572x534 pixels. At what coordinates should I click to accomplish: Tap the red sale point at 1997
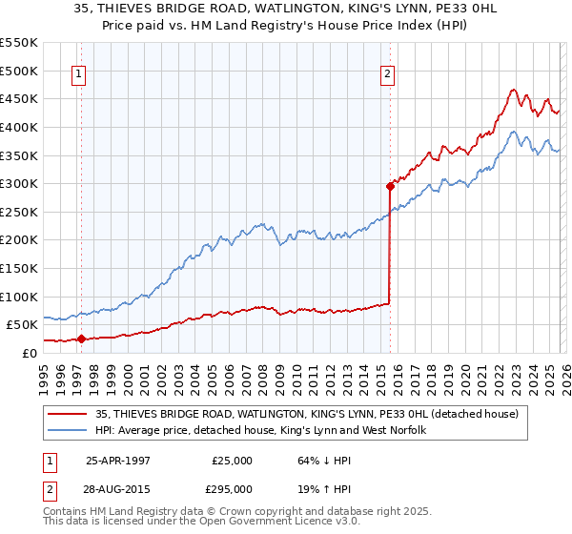82,339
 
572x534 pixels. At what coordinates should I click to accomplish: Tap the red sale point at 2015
390,187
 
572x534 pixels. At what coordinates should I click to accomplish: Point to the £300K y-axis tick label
19,183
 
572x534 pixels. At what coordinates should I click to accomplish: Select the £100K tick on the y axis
19,297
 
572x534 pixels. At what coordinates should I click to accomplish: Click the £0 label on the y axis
29,353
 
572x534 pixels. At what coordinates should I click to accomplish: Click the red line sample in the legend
69,414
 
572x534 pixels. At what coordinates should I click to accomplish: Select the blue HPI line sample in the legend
69,431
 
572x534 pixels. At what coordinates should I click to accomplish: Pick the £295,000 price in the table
232,488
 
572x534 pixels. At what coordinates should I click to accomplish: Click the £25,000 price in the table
232,461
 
